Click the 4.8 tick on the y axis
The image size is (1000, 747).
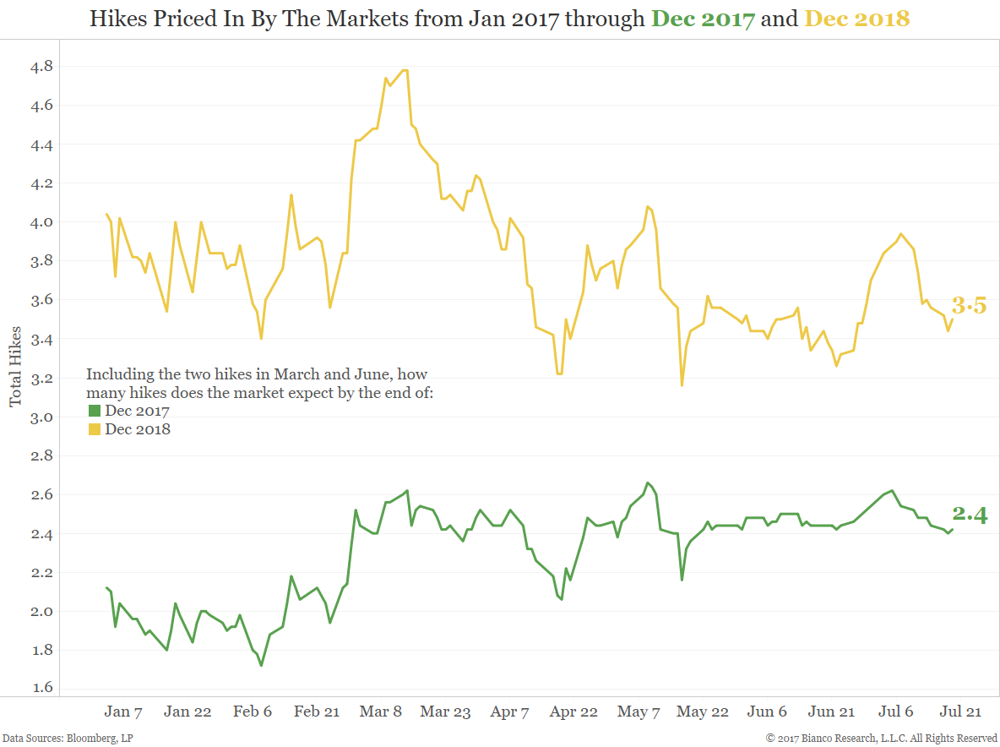pyautogui.click(x=41, y=66)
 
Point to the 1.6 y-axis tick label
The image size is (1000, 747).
pyautogui.click(x=41, y=688)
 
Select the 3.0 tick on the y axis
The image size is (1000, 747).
pyautogui.click(x=41, y=417)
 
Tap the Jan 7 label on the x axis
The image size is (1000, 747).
pyautogui.click(x=123, y=712)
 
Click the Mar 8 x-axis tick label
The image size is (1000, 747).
pyautogui.click(x=381, y=712)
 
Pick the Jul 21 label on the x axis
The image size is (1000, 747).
pyautogui.click(x=961, y=712)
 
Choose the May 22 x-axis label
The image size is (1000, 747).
pyautogui.click(x=704, y=712)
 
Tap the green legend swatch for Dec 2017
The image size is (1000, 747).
pyautogui.click(x=95, y=412)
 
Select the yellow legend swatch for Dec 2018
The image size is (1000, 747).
pyautogui.click(x=95, y=430)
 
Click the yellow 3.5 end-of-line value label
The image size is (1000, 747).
pyautogui.click(x=969, y=306)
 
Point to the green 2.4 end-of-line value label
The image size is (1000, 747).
pyautogui.click(x=970, y=515)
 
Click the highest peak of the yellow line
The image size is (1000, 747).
pyautogui.click(x=405, y=70)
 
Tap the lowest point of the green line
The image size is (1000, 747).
pyautogui.click(x=261, y=665)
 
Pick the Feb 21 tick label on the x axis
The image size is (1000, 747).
pyautogui.click(x=318, y=712)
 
